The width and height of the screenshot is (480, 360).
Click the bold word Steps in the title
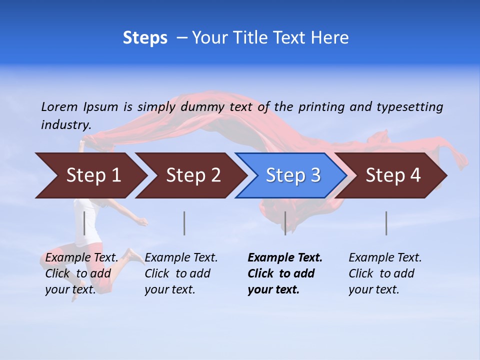coord(145,38)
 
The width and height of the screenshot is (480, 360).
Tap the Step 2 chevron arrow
coord(192,175)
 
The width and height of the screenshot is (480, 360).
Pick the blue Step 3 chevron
coord(292,175)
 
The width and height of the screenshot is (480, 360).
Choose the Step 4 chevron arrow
coord(392,175)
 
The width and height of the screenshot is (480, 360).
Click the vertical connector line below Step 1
coord(84,223)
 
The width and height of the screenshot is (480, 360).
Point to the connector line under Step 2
coord(184,223)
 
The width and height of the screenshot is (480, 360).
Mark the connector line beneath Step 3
coord(285,223)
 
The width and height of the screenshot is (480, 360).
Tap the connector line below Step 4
coord(386,223)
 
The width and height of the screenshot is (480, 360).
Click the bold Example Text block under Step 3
coord(285,273)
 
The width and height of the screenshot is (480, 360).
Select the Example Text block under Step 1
coord(82,273)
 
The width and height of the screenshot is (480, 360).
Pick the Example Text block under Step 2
coord(181,273)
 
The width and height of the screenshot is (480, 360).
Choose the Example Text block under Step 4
coord(385,273)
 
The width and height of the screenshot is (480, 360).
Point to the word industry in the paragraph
coord(65,124)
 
